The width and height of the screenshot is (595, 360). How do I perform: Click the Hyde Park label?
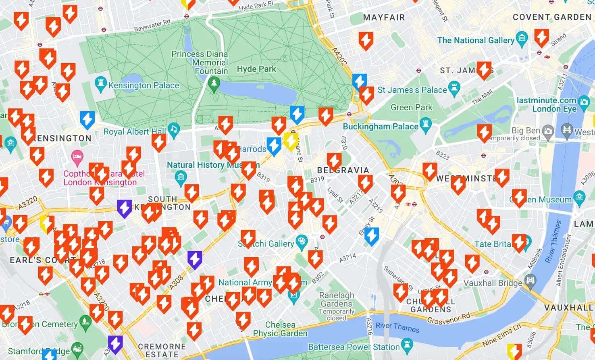tap(256, 69)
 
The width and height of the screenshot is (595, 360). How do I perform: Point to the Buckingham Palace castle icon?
tap(426, 125)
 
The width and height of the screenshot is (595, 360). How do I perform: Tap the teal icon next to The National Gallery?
tap(522, 39)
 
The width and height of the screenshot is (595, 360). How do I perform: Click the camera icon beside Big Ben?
tap(547, 131)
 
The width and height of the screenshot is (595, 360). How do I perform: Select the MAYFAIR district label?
tap(384, 18)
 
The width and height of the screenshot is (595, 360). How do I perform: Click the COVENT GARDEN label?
tap(552, 17)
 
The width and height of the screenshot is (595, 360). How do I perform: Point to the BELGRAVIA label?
tap(343, 170)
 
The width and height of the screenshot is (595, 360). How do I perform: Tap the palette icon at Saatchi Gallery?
tap(301, 242)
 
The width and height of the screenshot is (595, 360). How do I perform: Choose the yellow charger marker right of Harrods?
tap(290, 141)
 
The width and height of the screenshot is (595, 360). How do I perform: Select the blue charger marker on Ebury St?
tap(372, 236)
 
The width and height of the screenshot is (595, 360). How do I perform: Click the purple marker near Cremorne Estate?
tap(115, 344)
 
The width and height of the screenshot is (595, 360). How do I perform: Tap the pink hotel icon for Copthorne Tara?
tap(77, 158)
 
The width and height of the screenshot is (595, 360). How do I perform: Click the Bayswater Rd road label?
tap(152, 25)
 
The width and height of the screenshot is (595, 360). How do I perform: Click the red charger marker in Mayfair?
tap(366, 40)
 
